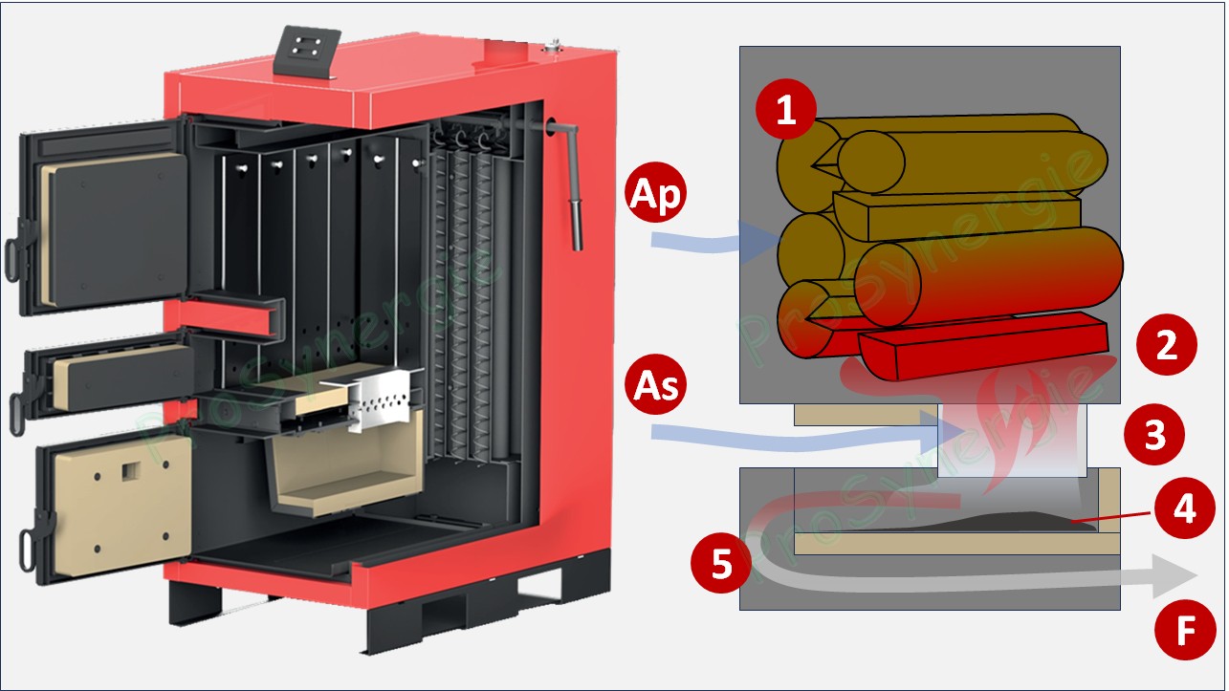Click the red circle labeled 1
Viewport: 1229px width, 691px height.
[x=786, y=112]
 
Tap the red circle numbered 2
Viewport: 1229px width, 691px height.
[x=1167, y=346]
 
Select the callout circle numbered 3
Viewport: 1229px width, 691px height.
[x=1155, y=435]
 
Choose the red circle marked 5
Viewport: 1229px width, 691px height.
[x=723, y=563]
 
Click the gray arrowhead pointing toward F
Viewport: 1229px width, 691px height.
[x=1172, y=575]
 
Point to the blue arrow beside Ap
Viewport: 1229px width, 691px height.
[x=717, y=241]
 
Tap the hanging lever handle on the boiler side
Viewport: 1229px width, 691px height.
[x=576, y=215]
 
